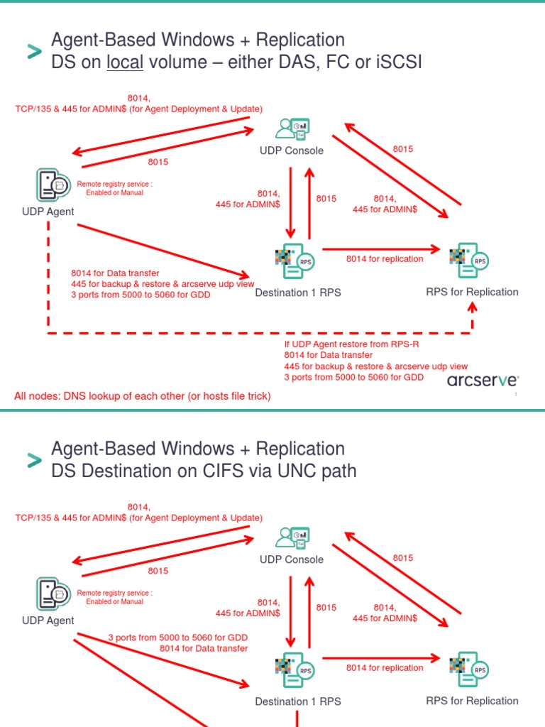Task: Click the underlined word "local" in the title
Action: [x=125, y=62]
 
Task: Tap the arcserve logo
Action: [x=483, y=381]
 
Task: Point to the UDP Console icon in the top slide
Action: [x=292, y=129]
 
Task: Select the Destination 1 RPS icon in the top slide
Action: [x=293, y=261]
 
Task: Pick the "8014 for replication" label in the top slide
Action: [x=385, y=259]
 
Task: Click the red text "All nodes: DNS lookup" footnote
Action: [x=142, y=396]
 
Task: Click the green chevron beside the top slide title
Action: [x=34, y=51]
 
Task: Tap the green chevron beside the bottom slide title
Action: [x=34, y=460]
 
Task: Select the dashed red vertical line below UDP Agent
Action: [x=48, y=277]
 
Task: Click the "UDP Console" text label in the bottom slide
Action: [x=292, y=559]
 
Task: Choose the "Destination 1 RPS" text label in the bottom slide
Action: [x=298, y=701]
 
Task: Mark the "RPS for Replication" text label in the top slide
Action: [x=472, y=292]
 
